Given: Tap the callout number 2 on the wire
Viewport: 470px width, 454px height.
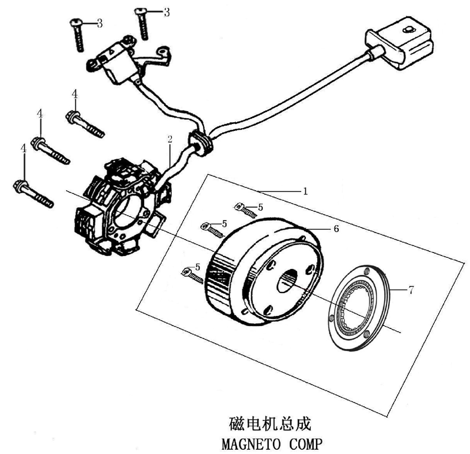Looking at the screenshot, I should coord(169,139).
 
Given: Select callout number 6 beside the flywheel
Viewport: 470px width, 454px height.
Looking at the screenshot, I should coord(336,228).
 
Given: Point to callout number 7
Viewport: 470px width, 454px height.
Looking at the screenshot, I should coord(411,289).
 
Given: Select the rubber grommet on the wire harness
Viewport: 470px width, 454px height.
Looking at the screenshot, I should coord(200,143).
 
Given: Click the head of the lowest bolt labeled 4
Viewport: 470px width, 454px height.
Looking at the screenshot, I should coord(19,188).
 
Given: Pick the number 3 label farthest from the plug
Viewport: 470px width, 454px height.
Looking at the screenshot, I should coord(100,23).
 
